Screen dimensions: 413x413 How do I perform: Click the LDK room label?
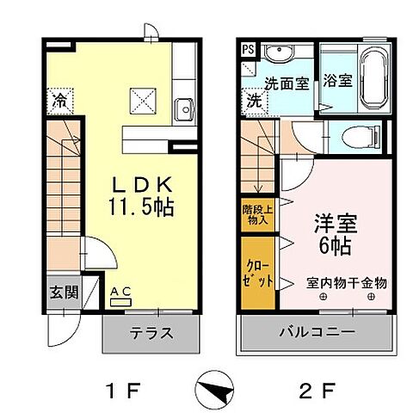pyautogui.click(x=144, y=185)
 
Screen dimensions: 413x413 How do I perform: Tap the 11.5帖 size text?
pyautogui.click(x=144, y=206)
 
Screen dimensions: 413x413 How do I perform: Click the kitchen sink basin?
pyautogui.click(x=182, y=109)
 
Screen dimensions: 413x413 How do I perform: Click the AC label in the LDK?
pyautogui.click(x=120, y=293)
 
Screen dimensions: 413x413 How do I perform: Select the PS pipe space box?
pyautogui.click(x=248, y=48)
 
